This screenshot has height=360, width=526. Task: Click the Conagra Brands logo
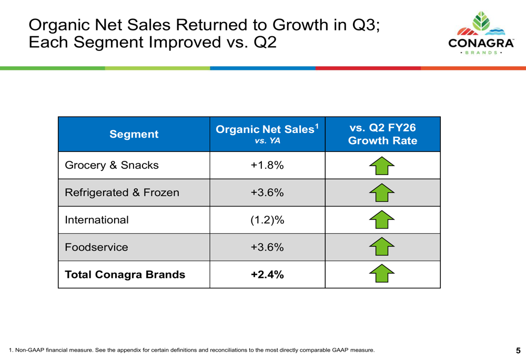pos(481,33)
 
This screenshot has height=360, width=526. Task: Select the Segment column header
pos(134,134)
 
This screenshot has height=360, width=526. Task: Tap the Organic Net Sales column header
pos(267,133)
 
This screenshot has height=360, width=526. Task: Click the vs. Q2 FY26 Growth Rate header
pos(382,134)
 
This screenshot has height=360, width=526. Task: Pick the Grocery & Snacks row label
pos(112,165)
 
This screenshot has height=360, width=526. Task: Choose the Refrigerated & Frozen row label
pos(122,192)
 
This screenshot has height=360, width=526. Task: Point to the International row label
pos(97,220)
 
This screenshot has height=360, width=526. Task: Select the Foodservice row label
pos(97,247)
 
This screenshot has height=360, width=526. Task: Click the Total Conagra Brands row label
pos(125,274)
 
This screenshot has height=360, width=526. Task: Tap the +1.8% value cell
pos(267,165)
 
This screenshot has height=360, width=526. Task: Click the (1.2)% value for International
pos(267,220)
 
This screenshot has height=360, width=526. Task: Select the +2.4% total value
pos(267,274)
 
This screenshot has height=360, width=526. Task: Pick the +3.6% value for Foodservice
pos(267,247)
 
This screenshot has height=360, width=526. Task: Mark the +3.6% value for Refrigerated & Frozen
pos(267,192)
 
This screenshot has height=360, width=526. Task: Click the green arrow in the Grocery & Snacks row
pos(382,166)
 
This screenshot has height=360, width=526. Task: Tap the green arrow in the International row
pos(382,220)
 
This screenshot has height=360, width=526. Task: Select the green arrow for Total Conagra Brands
pos(382,273)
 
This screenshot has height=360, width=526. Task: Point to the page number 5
pos(518,351)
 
